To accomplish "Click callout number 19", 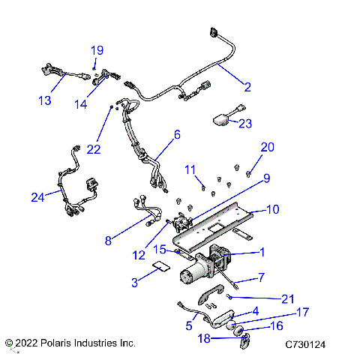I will click(x=97, y=50).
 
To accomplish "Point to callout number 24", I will click(x=37, y=196).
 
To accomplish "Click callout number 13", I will click(x=46, y=100).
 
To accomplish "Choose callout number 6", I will click(x=177, y=135).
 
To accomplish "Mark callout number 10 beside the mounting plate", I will click(x=252, y=209).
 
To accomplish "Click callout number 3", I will click(x=134, y=282).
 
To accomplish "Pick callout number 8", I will click(x=108, y=241).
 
